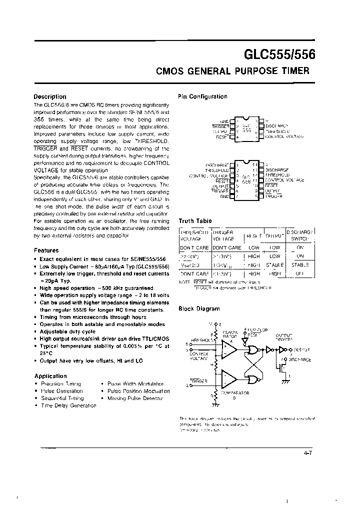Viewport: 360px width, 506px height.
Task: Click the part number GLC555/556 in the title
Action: tap(279, 53)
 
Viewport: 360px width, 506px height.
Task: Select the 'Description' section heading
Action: tap(49, 97)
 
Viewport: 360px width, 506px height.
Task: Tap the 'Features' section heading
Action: tap(46, 250)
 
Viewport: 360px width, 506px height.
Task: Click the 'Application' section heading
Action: tap(50, 376)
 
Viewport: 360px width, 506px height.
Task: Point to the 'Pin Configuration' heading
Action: tap(202, 96)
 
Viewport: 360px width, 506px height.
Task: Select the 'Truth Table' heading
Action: tap(195, 220)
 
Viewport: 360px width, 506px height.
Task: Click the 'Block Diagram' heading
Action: tap(199, 309)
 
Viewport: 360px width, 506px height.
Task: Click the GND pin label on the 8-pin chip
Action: tap(224, 121)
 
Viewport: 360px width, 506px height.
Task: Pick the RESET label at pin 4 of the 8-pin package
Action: tap(222, 136)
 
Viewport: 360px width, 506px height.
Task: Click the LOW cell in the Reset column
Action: tap(253, 247)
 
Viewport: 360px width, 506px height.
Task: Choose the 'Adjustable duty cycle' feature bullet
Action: tap(67, 331)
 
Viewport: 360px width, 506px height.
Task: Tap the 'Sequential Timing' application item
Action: tap(62, 398)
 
